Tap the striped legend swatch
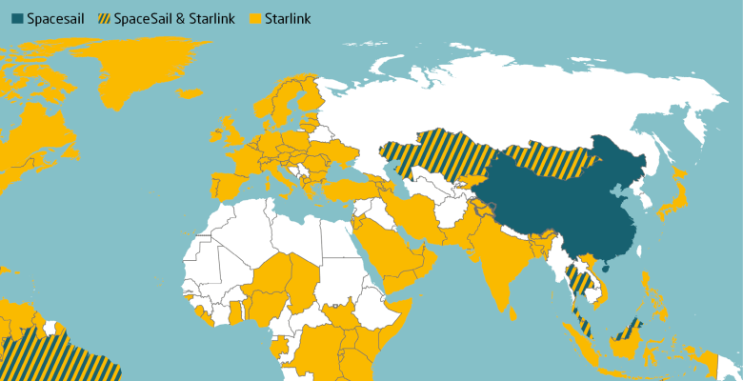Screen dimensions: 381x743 click(x=101, y=18)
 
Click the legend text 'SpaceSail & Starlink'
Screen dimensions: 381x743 click(x=168, y=18)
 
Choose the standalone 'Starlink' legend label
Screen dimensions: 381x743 click(x=289, y=18)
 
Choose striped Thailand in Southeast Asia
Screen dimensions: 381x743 click(x=577, y=277)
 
